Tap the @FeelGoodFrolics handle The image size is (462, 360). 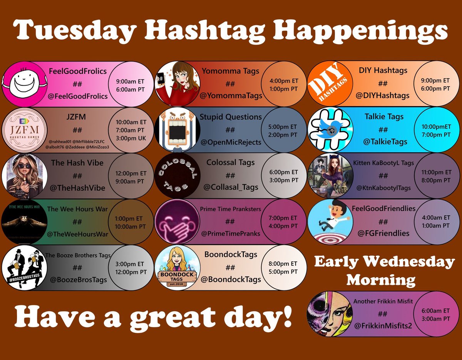click(78, 96)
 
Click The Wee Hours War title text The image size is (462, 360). click(77, 209)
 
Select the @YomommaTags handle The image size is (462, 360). click(231, 96)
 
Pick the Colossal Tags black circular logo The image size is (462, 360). click(177, 175)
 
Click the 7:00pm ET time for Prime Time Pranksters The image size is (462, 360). click(283, 218)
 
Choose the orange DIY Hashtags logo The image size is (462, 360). click(330, 83)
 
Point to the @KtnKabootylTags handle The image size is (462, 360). click(383, 188)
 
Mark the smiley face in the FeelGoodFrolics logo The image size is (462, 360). click(24, 83)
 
